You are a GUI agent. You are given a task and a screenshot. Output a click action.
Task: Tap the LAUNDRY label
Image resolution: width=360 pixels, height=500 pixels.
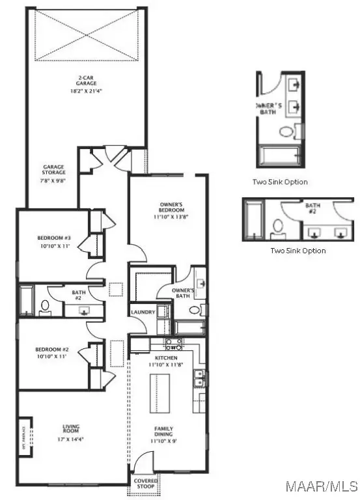click(143, 312)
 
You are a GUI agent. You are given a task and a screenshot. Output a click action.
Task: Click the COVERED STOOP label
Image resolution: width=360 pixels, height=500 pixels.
click(145, 482)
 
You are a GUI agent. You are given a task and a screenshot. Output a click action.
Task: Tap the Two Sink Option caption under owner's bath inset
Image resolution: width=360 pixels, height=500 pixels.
click(281, 182)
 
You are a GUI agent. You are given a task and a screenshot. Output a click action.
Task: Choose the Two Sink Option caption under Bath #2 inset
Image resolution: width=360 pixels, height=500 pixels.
click(298, 250)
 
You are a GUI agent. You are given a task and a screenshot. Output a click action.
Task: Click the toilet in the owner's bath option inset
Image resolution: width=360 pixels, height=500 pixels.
click(286, 131)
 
